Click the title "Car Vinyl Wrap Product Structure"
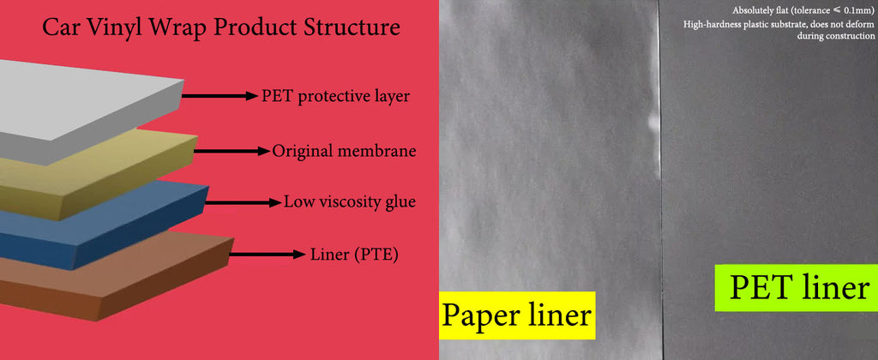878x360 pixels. (221, 27)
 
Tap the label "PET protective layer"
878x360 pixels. (335, 96)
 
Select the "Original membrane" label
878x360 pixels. (344, 151)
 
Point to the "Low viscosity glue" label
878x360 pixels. (350, 201)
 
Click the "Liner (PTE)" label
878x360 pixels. (354, 255)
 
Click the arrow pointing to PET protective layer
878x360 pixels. (219, 96)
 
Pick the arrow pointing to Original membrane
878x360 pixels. (232, 151)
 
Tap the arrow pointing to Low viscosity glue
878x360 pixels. (243, 202)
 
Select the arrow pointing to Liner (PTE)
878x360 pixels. (268, 255)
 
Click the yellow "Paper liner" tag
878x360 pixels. (517, 315)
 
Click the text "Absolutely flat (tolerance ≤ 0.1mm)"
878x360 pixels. (803, 10)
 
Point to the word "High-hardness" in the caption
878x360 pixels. (710, 25)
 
